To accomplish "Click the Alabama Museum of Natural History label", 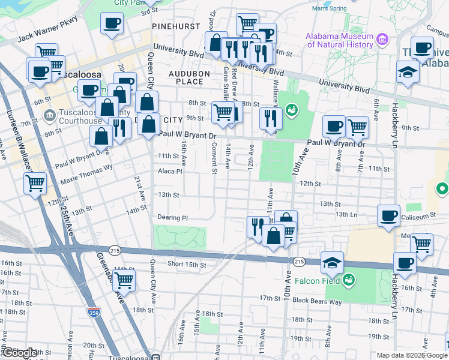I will [x=339, y=40].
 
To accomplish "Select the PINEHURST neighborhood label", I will [x=172, y=27].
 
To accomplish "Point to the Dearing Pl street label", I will [x=173, y=217].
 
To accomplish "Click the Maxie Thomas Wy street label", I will [x=86, y=175].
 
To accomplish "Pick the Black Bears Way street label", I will [x=318, y=299].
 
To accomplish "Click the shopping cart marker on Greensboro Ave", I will [x=124, y=279].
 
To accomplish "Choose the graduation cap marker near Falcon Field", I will [x=332, y=262].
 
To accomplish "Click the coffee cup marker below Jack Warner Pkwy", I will [x=112, y=23].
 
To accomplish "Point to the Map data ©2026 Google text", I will [x=411, y=355].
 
